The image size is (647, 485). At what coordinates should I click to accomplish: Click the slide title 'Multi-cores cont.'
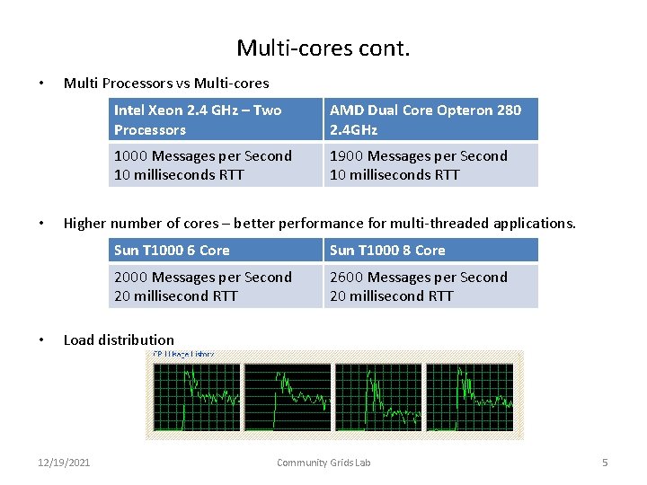[323, 47]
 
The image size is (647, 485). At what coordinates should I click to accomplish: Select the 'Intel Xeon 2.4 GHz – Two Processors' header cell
[216, 119]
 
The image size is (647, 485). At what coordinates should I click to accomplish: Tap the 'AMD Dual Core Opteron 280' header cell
[430, 119]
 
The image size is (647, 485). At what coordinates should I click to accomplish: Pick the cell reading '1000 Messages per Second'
[216, 165]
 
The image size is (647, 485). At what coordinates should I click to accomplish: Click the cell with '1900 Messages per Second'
[430, 165]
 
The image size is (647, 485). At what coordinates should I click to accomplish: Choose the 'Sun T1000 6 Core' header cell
[216, 250]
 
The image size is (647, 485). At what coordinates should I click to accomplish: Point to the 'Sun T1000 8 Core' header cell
[430, 250]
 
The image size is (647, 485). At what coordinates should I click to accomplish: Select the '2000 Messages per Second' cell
[216, 287]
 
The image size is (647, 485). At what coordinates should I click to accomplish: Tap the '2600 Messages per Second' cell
[430, 287]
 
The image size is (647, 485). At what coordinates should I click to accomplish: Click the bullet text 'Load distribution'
[119, 339]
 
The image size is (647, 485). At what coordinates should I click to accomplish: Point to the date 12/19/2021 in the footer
[64, 463]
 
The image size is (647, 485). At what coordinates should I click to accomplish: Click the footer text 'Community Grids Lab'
[323, 463]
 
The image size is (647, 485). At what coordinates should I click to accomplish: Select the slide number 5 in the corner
[605, 463]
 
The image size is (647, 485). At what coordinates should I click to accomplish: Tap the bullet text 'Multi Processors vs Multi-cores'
[166, 83]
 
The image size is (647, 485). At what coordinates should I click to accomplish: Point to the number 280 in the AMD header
[508, 110]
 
